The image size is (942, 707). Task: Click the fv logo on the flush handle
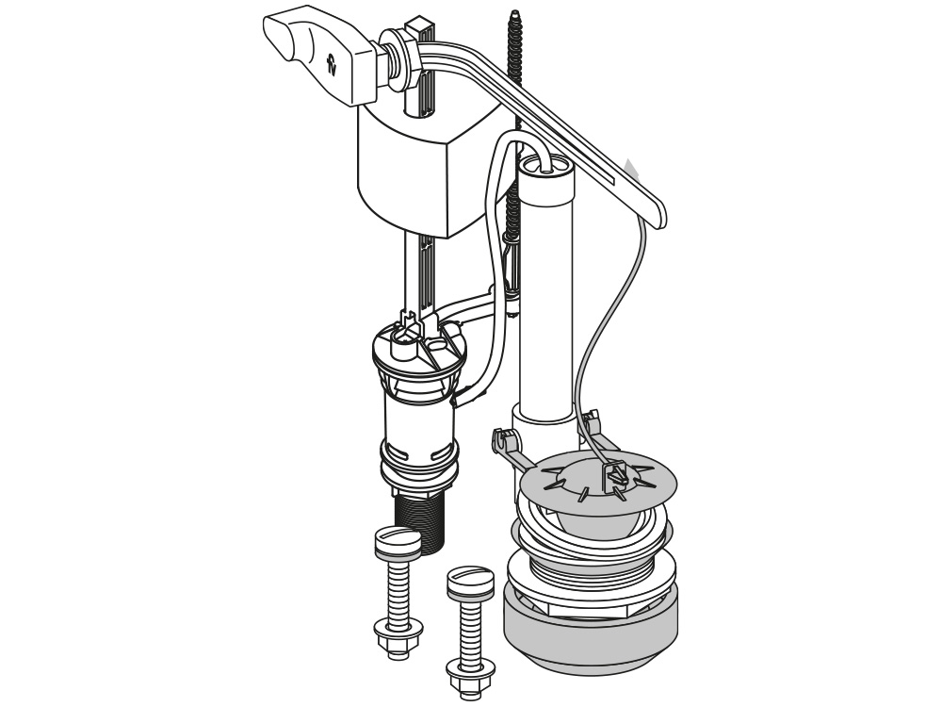point(331,64)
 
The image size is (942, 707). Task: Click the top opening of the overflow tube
point(546,165)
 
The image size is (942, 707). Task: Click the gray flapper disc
point(598,480)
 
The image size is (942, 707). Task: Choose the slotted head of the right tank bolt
point(470,579)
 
